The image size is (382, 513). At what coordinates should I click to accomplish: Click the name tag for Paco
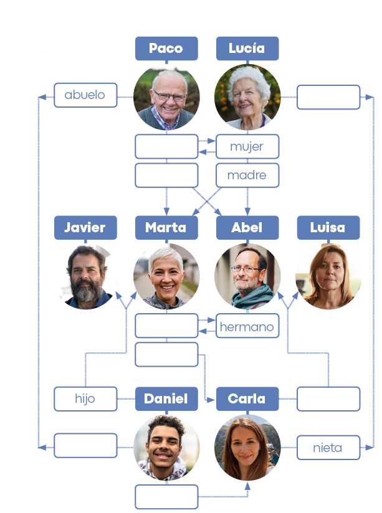166,49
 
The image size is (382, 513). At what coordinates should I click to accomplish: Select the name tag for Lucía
247,49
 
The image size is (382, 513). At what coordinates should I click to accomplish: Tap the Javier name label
85,228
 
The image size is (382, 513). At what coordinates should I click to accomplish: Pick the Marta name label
166,228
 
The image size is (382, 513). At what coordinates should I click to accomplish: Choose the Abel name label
247,228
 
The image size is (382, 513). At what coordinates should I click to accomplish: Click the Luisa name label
328,228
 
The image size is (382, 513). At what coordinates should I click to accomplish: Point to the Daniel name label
166,399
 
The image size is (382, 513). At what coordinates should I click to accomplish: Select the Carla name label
247,399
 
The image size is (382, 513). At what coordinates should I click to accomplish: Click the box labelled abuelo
85,95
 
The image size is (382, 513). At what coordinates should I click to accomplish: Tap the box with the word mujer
247,147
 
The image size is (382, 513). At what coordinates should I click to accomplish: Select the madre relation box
247,176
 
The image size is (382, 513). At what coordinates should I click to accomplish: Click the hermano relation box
247,326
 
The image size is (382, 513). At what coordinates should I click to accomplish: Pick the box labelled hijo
85,399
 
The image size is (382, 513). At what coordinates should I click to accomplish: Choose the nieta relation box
328,448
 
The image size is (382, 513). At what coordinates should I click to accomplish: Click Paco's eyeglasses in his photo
169,96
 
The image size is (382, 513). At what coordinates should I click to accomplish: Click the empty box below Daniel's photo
166,497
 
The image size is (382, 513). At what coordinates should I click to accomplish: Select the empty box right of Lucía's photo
328,97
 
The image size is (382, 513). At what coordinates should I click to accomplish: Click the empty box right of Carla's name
328,399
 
